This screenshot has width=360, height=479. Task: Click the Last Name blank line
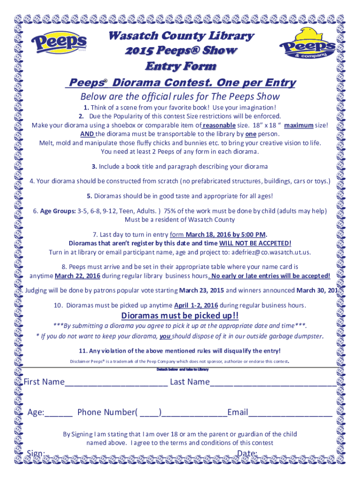273,383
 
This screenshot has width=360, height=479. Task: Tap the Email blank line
290,413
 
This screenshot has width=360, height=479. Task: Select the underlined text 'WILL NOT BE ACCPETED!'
255,243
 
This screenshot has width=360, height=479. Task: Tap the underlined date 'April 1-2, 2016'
195,305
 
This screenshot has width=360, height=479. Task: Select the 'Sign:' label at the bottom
36,453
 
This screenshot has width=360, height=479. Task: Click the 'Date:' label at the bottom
247,453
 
